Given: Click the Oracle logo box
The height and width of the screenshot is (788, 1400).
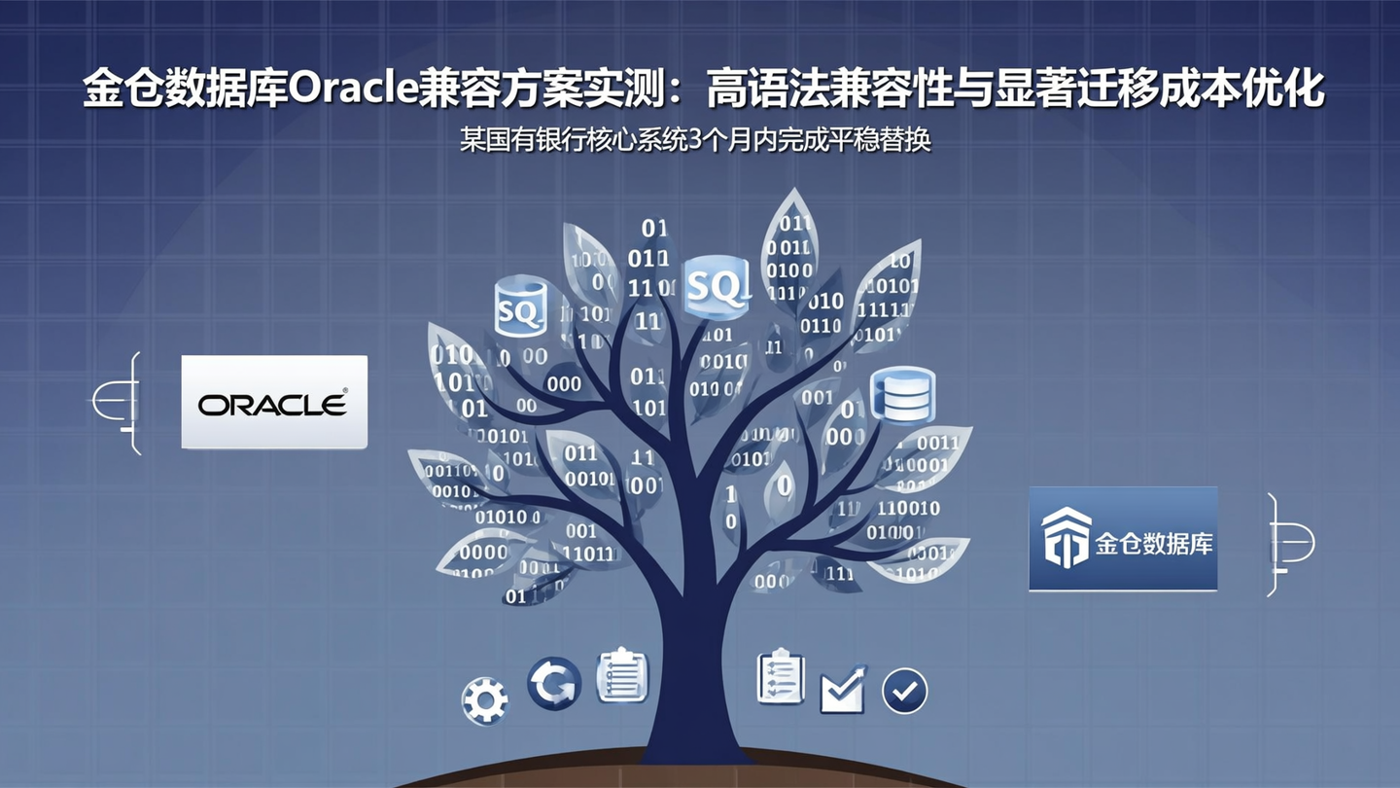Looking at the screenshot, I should (274, 402).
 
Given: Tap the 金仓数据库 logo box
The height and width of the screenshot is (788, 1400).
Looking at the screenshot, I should (1123, 539).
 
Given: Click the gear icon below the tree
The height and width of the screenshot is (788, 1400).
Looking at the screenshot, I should (484, 699).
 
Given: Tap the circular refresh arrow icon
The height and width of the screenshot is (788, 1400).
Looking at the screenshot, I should (554, 683).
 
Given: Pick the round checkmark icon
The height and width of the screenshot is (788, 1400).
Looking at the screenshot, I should (904, 692).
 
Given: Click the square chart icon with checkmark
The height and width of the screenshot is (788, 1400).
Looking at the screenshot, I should (842, 691).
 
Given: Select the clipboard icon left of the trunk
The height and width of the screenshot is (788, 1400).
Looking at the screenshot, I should (622, 675).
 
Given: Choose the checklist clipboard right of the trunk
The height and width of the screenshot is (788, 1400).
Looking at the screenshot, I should (781, 676).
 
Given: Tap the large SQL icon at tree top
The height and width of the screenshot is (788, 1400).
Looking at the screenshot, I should (717, 286).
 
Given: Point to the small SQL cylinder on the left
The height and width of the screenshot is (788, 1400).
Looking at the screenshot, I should (519, 307).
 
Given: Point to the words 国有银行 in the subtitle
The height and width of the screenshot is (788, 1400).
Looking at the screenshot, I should (533, 140).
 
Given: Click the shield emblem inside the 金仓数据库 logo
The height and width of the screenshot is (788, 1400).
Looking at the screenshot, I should (1066, 537).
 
